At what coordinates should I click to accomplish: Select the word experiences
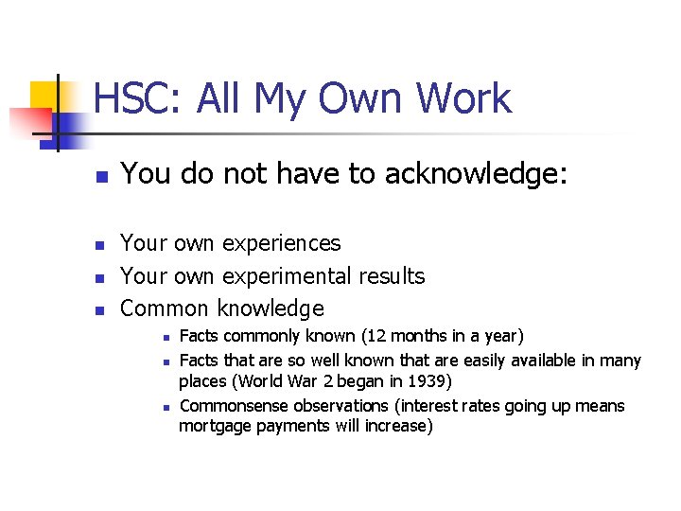281,243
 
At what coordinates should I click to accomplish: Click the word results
391,275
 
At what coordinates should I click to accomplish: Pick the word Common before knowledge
166,308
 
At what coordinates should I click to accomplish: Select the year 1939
430,381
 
